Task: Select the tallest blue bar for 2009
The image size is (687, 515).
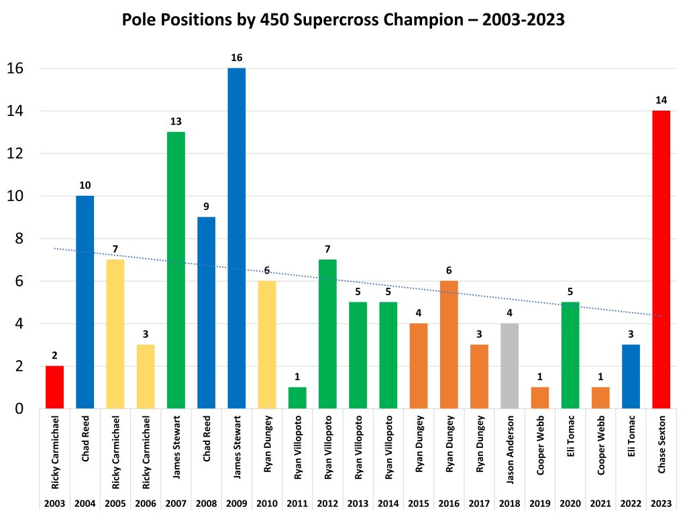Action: (x=236, y=238)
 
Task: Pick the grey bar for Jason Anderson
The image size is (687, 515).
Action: (x=509, y=366)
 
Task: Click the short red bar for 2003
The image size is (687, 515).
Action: (x=54, y=387)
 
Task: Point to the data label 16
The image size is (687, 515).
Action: (x=236, y=58)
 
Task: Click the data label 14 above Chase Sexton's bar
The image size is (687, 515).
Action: (x=661, y=101)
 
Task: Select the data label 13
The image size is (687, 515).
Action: (x=176, y=121)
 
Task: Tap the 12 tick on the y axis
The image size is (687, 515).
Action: (x=15, y=154)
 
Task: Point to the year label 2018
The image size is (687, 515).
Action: (x=509, y=503)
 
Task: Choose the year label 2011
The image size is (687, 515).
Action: (x=297, y=503)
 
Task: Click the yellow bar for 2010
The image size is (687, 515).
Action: (x=267, y=345)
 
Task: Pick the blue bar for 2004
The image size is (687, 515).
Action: (x=85, y=302)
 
